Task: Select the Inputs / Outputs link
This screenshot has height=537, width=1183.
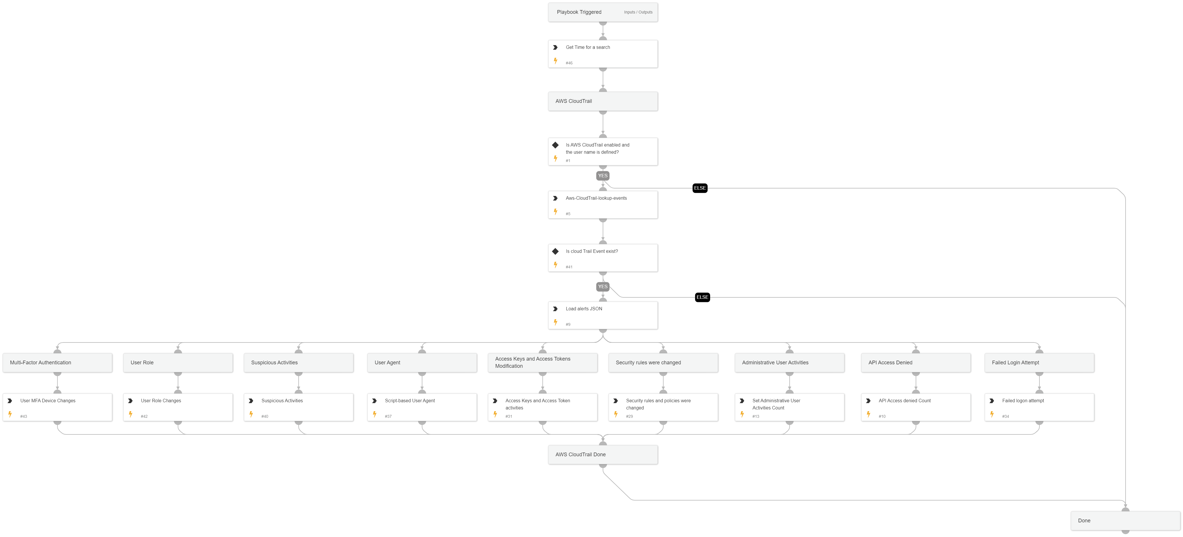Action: [x=638, y=12]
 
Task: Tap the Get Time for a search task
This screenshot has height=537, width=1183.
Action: [x=602, y=54]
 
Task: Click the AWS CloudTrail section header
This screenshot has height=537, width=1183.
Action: [x=602, y=101]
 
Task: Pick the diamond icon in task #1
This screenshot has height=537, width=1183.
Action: [x=555, y=145]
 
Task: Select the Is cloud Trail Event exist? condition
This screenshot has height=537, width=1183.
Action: [x=602, y=258]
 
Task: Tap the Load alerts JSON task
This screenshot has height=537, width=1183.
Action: [x=602, y=315]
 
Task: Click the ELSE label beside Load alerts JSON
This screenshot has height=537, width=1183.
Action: [x=702, y=297]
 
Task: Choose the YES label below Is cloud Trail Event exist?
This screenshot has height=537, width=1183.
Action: [x=602, y=287]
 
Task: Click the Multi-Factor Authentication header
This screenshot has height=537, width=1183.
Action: [x=57, y=362]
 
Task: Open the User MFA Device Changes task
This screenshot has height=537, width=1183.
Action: [x=57, y=407]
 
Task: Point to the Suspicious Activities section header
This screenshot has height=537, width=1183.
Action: [x=299, y=362]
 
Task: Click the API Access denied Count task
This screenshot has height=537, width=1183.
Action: [x=915, y=407]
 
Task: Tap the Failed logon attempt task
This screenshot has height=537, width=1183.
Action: [x=1039, y=407]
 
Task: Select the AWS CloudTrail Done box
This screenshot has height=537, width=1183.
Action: [x=602, y=454]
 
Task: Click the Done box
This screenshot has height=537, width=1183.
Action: [x=1125, y=520]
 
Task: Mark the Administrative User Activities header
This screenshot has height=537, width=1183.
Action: [x=789, y=362]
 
